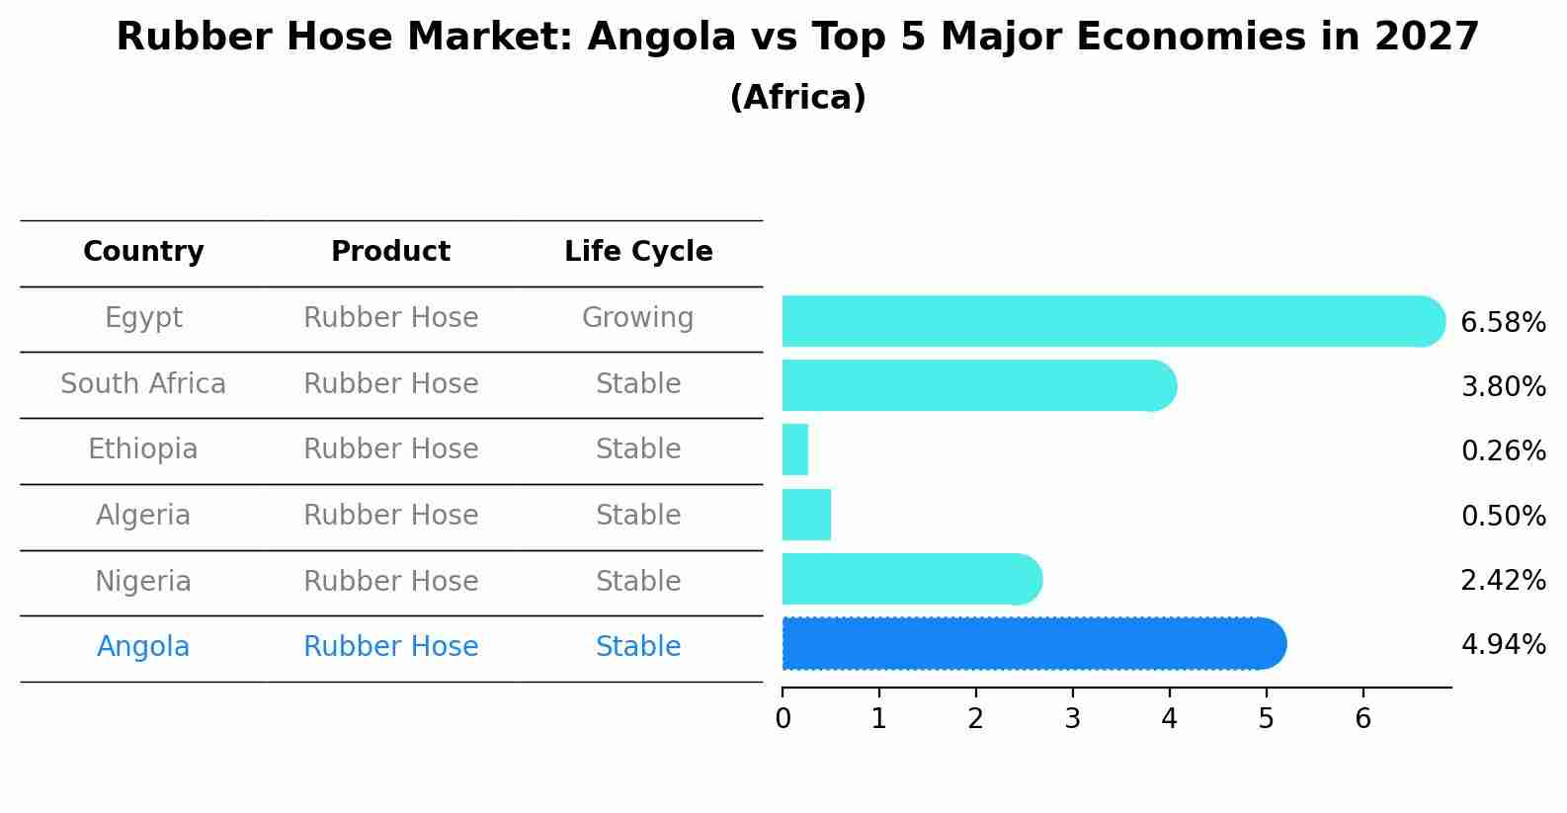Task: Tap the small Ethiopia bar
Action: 795,449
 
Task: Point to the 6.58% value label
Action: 1503,323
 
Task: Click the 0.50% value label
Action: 1503,516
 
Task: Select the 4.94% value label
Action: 1503,645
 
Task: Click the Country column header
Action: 143,252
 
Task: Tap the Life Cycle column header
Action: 638,252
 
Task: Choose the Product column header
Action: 390,252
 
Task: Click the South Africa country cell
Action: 143,384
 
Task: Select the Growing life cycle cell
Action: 638,318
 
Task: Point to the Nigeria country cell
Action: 143,582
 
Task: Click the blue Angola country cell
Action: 143,647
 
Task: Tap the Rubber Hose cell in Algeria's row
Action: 390,516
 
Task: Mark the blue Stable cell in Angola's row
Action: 638,647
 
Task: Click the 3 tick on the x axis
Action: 1073,718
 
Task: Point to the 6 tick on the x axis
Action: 1362,718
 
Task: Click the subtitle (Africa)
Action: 797,98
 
